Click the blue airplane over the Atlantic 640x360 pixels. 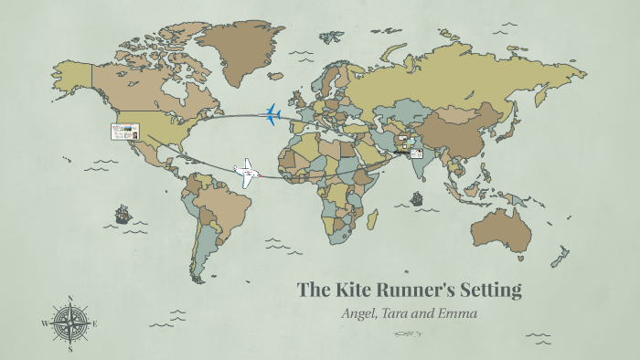(x=272, y=113)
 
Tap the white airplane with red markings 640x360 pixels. (x=246, y=173)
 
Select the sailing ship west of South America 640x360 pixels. (x=123, y=216)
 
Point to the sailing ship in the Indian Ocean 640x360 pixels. (x=416, y=198)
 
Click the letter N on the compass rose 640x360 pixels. (x=69, y=298)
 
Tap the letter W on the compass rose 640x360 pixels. (x=44, y=323)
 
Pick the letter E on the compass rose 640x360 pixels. (x=95, y=323)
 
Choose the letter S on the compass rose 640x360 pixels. (x=69, y=348)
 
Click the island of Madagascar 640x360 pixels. (x=372, y=219)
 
